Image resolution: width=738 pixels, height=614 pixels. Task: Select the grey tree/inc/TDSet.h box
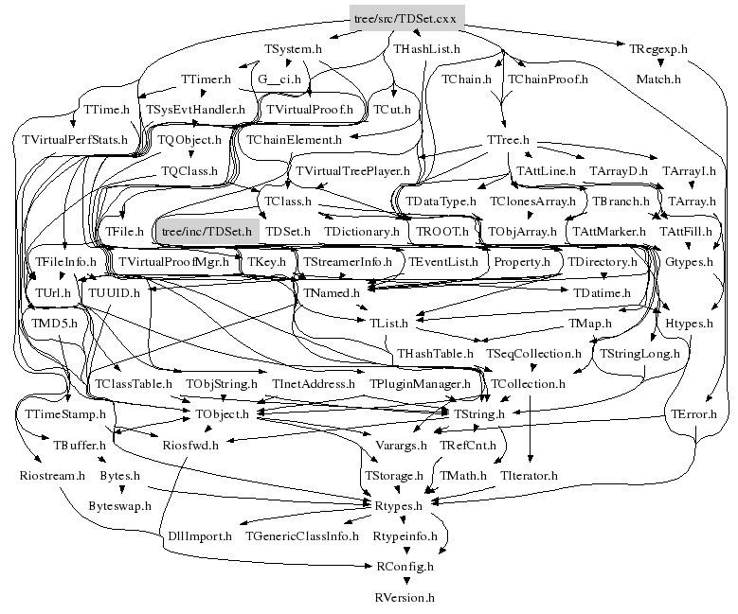coord(207,230)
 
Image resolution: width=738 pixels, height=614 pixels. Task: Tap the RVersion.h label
coord(405,597)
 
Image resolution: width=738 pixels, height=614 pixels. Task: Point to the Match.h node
coord(658,79)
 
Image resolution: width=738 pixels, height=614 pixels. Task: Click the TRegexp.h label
coord(658,47)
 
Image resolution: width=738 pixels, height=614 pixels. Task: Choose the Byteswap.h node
coord(120,506)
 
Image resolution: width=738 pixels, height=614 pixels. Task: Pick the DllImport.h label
coord(200,535)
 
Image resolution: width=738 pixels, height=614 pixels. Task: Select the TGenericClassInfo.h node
coord(301,535)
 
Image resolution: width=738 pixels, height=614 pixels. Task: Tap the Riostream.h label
coord(52,475)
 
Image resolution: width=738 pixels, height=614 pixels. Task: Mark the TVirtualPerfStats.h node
coord(74,140)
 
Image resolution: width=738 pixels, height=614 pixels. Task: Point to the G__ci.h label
coord(279,79)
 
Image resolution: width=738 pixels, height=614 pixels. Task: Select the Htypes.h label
coord(689,323)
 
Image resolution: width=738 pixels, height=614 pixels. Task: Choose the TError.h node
coord(694,413)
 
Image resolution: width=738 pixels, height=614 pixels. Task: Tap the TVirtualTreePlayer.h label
coord(352,171)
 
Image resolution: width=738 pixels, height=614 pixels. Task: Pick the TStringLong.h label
coord(640,353)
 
